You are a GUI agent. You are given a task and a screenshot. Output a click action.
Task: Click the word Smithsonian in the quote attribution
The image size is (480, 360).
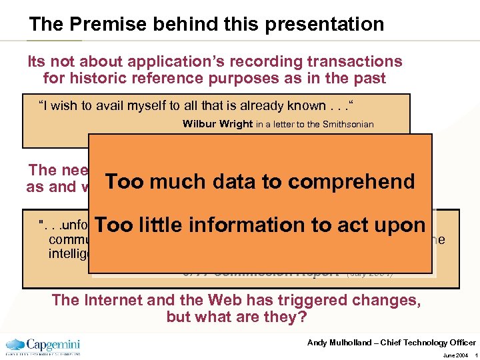click(345, 124)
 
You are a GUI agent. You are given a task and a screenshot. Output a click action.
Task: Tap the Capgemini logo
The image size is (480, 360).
click(43, 346)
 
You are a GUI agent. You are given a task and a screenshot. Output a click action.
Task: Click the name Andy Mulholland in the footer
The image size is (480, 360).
click(339, 343)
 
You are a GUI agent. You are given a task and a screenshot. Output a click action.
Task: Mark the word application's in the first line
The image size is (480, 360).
click(181, 62)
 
